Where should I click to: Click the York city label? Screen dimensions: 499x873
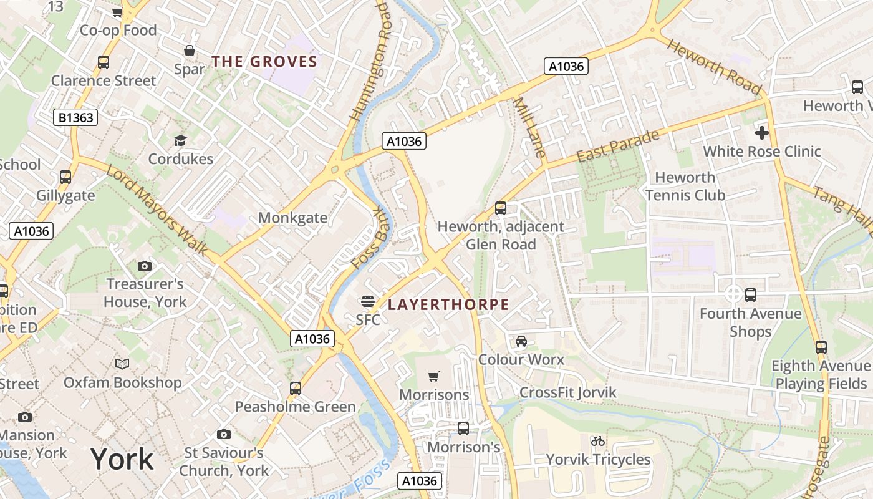click(x=122, y=459)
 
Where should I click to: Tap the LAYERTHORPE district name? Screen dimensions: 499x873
click(x=448, y=305)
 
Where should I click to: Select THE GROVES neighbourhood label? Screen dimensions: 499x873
click(x=264, y=62)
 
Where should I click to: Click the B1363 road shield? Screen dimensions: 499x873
click(x=75, y=117)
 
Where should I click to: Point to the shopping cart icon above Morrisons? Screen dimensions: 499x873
click(x=434, y=376)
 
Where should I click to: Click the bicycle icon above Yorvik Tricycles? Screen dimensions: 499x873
click(x=598, y=441)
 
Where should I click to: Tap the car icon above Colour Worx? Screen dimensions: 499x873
click(x=521, y=341)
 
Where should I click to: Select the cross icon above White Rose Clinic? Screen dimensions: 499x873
click(x=761, y=132)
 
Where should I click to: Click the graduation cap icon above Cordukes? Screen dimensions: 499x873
click(x=180, y=140)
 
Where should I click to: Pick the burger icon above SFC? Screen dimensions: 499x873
click(x=367, y=301)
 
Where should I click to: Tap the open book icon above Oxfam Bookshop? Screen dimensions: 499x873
click(x=122, y=364)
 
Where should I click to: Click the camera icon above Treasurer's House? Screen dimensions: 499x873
click(x=144, y=266)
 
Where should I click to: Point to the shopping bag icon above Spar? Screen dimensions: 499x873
click(x=189, y=51)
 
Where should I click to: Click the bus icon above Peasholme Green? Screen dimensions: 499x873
click(x=296, y=388)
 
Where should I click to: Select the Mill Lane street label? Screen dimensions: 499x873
click(x=529, y=127)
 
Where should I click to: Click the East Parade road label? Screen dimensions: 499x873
click(x=617, y=146)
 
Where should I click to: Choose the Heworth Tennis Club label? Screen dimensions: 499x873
click(x=685, y=187)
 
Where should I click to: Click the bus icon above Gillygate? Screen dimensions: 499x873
click(x=65, y=177)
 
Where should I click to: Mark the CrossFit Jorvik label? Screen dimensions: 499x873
click(x=567, y=392)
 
